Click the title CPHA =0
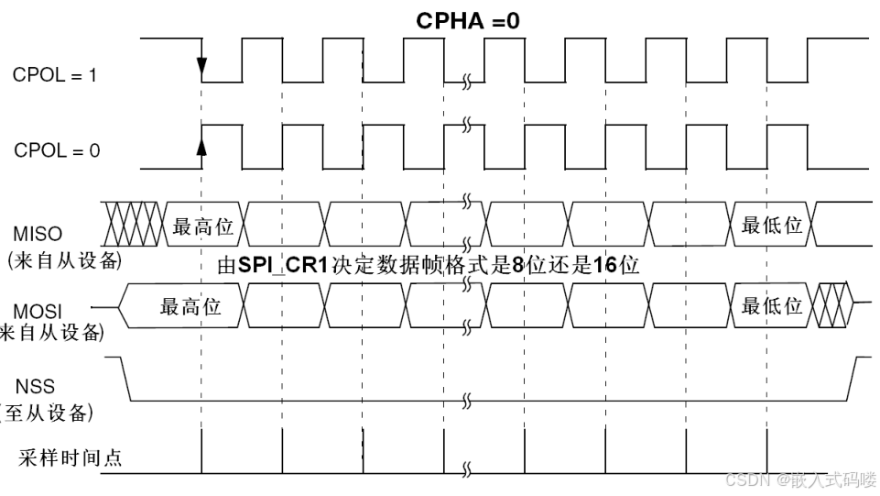pyautogui.click(x=468, y=20)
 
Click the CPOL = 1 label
pyautogui.click(x=54, y=75)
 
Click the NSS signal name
pyautogui.click(x=35, y=386)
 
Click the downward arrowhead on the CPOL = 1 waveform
pyautogui.click(x=201, y=68)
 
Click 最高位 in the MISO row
pyautogui.click(x=204, y=226)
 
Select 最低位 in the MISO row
pyautogui.click(x=771, y=226)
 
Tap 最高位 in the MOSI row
pyautogui.click(x=190, y=306)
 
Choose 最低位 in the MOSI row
pyautogui.click(x=771, y=305)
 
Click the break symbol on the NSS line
pyautogui.click(x=466, y=400)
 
